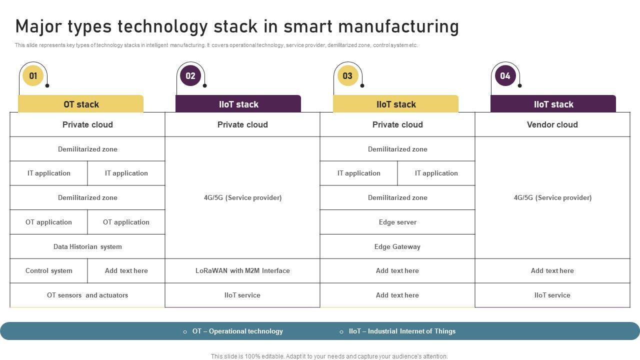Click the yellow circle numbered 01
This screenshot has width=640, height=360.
click(x=33, y=76)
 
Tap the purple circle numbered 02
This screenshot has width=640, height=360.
click(x=190, y=76)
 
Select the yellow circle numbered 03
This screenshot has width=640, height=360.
click(x=347, y=76)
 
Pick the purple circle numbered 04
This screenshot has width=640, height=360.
click(x=505, y=76)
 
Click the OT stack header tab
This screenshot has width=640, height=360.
click(x=81, y=104)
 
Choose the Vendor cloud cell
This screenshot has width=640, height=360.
click(x=552, y=124)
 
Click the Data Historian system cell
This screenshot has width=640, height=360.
click(x=87, y=246)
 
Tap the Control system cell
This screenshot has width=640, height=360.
click(x=48, y=270)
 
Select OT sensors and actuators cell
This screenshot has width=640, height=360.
click(x=87, y=295)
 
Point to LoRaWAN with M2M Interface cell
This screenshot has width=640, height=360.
click(x=242, y=270)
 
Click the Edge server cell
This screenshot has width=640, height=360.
click(x=397, y=222)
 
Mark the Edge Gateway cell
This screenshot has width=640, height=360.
click(x=397, y=246)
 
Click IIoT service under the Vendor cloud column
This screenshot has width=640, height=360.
click(x=552, y=295)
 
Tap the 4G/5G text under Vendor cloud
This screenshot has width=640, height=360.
click(x=552, y=197)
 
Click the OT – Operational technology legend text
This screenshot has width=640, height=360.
click(x=237, y=331)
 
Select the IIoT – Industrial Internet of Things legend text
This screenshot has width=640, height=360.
click(x=402, y=331)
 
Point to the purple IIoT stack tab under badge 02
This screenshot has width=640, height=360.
click(x=238, y=104)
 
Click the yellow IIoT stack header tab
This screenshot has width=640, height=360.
click(x=396, y=104)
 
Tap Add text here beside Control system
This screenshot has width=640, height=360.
click(x=126, y=270)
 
